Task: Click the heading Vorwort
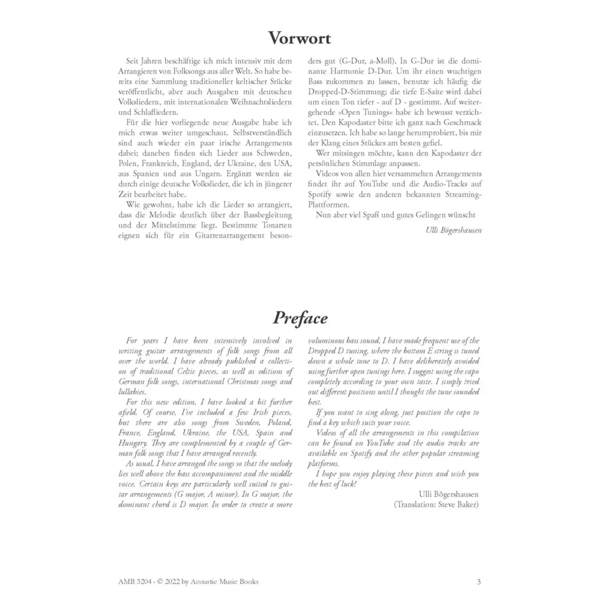point(299,39)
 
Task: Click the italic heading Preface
point(300,318)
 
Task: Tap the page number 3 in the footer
point(478,581)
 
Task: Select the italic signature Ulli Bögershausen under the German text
point(453,230)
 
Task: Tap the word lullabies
point(132,392)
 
